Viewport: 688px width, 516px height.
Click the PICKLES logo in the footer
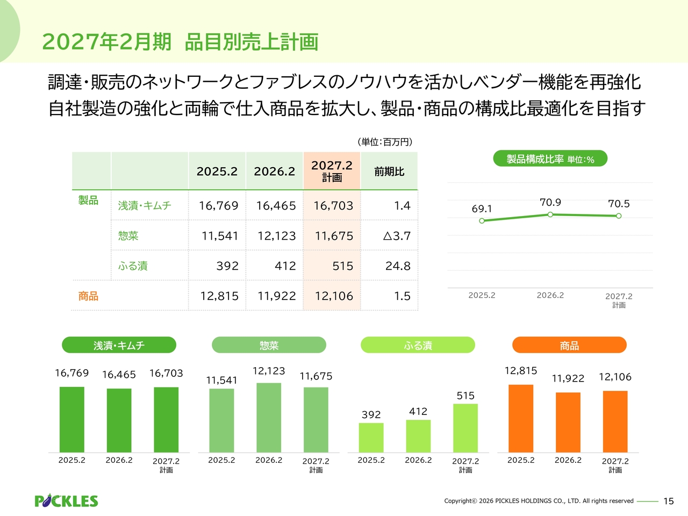[66, 501]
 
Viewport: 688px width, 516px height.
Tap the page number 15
[668, 501]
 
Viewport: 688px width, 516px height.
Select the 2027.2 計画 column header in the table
[332, 171]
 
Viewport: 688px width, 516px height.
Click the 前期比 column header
[389, 171]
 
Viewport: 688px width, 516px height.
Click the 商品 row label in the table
[88, 296]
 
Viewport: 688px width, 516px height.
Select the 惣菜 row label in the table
[128, 236]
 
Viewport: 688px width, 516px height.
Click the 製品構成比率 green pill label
[550, 159]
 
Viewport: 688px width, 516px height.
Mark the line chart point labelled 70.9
[550, 214]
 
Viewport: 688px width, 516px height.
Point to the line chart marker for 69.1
[482, 220]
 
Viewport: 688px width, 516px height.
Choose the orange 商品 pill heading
[569, 345]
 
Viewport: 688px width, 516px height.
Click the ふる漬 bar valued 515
[465, 428]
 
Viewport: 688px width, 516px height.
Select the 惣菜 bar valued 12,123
[269, 418]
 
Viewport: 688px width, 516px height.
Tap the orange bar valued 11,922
[568, 422]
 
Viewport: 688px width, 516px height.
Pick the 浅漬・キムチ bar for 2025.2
[72, 420]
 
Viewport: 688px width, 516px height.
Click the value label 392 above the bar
[371, 414]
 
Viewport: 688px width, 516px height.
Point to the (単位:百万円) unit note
[385, 142]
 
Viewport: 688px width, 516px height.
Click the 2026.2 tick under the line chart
[550, 295]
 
